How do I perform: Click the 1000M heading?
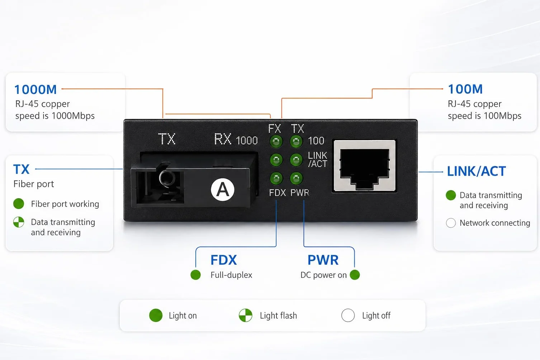pos(35,89)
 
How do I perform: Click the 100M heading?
pos(465,89)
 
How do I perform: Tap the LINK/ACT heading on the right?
pos(477,171)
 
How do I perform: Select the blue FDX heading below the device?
pos(224,260)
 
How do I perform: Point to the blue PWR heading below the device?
pos(323,260)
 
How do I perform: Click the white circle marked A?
pos(223,190)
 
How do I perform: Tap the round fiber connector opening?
pos(167,178)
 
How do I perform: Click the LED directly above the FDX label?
pos(276,179)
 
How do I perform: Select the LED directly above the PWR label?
pos(296,179)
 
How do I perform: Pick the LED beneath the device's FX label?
pos(276,141)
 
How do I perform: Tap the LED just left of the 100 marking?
pos(296,141)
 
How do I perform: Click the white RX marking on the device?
pos(223,139)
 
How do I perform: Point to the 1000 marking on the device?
pos(247,141)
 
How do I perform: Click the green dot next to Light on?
pos(156,316)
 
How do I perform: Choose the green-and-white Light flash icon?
pos(245,316)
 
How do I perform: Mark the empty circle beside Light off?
pos(348,316)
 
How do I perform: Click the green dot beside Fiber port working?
pos(19,204)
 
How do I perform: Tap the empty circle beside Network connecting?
pos(451,223)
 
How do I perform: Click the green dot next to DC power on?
pos(355,275)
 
